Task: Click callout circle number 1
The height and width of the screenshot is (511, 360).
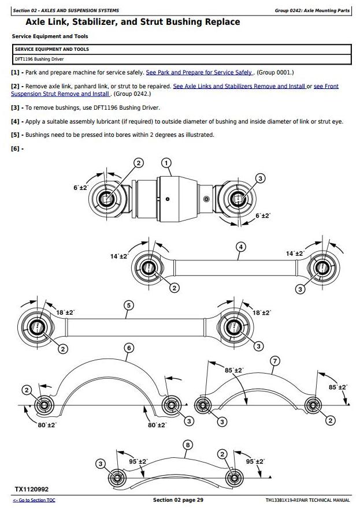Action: click(x=166, y=163)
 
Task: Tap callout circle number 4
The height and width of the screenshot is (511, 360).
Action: click(x=240, y=247)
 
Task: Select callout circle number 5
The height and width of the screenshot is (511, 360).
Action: click(x=128, y=305)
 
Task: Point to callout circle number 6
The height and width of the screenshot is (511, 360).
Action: click(x=129, y=348)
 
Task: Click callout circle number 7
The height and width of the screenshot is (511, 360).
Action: click(x=275, y=361)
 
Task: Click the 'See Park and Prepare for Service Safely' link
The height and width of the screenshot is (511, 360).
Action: click(x=199, y=72)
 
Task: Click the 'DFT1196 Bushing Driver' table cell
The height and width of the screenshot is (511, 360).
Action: click(x=39, y=59)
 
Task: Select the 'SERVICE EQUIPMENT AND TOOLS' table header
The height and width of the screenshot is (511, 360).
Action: click(x=52, y=50)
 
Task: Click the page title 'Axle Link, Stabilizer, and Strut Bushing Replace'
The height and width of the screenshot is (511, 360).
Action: click(x=133, y=23)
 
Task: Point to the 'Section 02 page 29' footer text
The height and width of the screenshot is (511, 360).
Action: click(x=178, y=500)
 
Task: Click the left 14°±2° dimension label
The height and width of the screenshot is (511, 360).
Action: click(x=120, y=256)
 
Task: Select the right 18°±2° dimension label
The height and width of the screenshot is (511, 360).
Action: click(x=262, y=312)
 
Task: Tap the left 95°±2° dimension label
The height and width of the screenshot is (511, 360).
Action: click(x=138, y=462)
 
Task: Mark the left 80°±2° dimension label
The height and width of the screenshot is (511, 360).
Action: click(x=47, y=425)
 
